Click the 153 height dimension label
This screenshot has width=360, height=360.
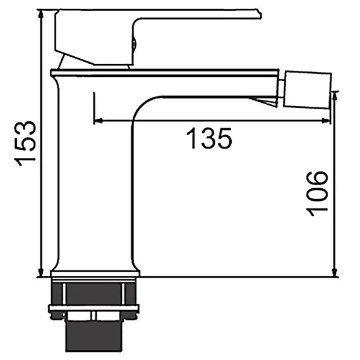click(x=25, y=143)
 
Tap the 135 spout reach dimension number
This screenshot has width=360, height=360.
click(x=209, y=138)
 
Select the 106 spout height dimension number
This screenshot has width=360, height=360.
click(x=317, y=193)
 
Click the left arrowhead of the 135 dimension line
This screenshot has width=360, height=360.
click(x=99, y=120)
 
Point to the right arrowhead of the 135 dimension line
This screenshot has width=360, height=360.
click(x=326, y=121)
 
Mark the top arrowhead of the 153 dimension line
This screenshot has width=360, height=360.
click(x=41, y=15)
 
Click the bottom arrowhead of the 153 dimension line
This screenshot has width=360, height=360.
click(x=41, y=272)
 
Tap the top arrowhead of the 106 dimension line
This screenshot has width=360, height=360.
click(x=335, y=96)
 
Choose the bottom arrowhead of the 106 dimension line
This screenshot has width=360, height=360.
click(x=335, y=272)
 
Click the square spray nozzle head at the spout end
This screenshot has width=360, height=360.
click(x=308, y=90)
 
